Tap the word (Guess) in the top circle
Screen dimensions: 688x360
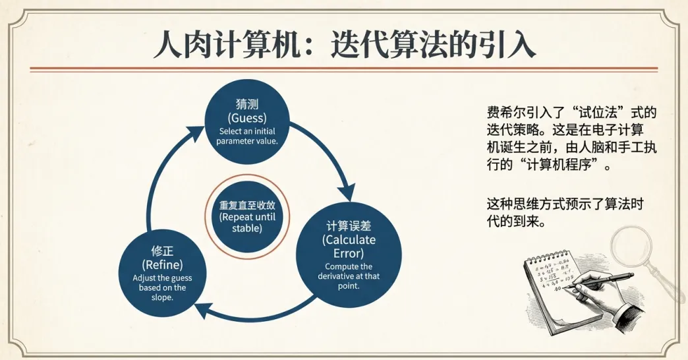coord(247,118)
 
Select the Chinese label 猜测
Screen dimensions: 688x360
coord(247,105)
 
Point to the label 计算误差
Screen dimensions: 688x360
coord(348,225)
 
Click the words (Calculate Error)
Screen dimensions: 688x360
coord(348,246)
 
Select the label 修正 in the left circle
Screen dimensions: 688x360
coord(161,251)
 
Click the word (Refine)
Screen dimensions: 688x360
coord(161,265)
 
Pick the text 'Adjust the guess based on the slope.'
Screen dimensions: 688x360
coord(161,287)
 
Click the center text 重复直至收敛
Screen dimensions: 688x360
coord(246,205)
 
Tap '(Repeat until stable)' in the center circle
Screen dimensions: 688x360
coord(246,222)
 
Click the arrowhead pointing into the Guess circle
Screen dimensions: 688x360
coord(197,133)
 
